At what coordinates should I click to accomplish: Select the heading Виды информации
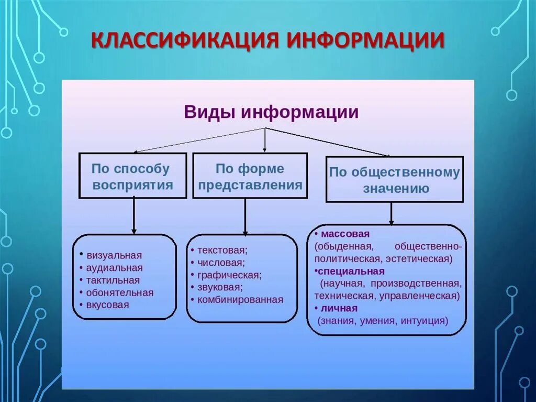(x=271, y=113)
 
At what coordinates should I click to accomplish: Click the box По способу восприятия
(x=132, y=176)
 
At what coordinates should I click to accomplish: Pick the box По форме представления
(x=250, y=176)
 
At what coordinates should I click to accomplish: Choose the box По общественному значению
(x=395, y=179)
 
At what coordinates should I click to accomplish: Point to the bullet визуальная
(x=114, y=255)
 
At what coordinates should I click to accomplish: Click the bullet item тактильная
(x=113, y=280)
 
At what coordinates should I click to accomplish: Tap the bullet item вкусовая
(x=108, y=305)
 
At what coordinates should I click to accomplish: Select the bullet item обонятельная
(x=120, y=293)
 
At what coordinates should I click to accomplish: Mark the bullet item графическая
(x=229, y=275)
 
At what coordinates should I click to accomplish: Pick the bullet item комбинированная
(x=240, y=300)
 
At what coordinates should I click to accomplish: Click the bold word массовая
(x=345, y=233)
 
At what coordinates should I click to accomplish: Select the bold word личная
(x=340, y=308)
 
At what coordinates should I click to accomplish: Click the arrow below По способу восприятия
(x=134, y=215)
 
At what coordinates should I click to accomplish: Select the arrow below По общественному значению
(x=391, y=213)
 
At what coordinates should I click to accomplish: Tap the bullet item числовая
(x=221, y=263)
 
